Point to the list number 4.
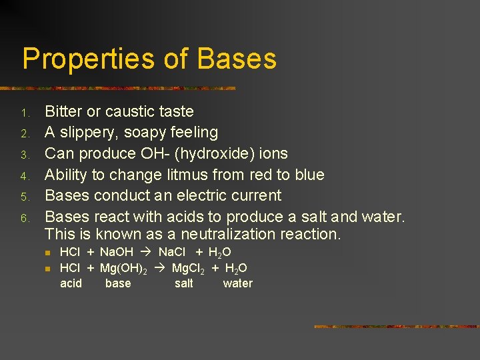(24, 176)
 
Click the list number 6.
(24, 218)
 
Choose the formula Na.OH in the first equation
(117, 253)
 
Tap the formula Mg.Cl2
(189, 269)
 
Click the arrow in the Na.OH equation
(146, 253)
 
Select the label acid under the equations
(71, 283)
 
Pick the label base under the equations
(118, 283)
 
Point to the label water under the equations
(238, 283)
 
